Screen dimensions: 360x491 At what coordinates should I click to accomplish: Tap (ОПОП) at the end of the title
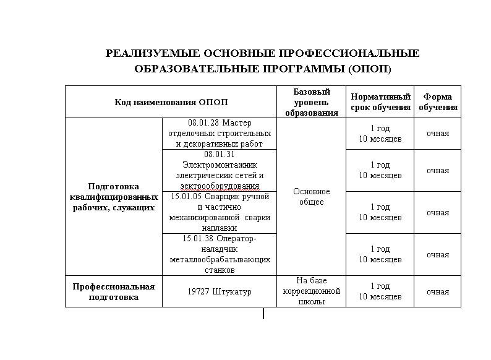370,69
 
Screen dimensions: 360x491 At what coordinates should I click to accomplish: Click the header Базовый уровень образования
312,102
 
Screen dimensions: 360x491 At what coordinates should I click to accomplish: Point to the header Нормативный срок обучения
381,102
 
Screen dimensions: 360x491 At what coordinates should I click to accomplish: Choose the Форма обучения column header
438,102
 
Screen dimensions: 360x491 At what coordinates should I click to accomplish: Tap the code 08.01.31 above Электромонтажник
220,155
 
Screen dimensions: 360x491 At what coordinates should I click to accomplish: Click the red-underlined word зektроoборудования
220,186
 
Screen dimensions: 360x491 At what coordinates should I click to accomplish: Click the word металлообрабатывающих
220,260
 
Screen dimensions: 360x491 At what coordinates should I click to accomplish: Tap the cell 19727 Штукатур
220,292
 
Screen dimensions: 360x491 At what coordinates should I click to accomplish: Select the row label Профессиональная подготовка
114,292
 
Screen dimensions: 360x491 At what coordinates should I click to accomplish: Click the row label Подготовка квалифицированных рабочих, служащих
114,197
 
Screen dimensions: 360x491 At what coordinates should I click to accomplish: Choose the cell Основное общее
312,197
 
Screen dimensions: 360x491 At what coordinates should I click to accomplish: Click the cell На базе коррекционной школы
312,292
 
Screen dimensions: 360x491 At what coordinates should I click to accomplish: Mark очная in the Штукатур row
438,292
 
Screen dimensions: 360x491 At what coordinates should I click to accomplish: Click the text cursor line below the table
264,314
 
